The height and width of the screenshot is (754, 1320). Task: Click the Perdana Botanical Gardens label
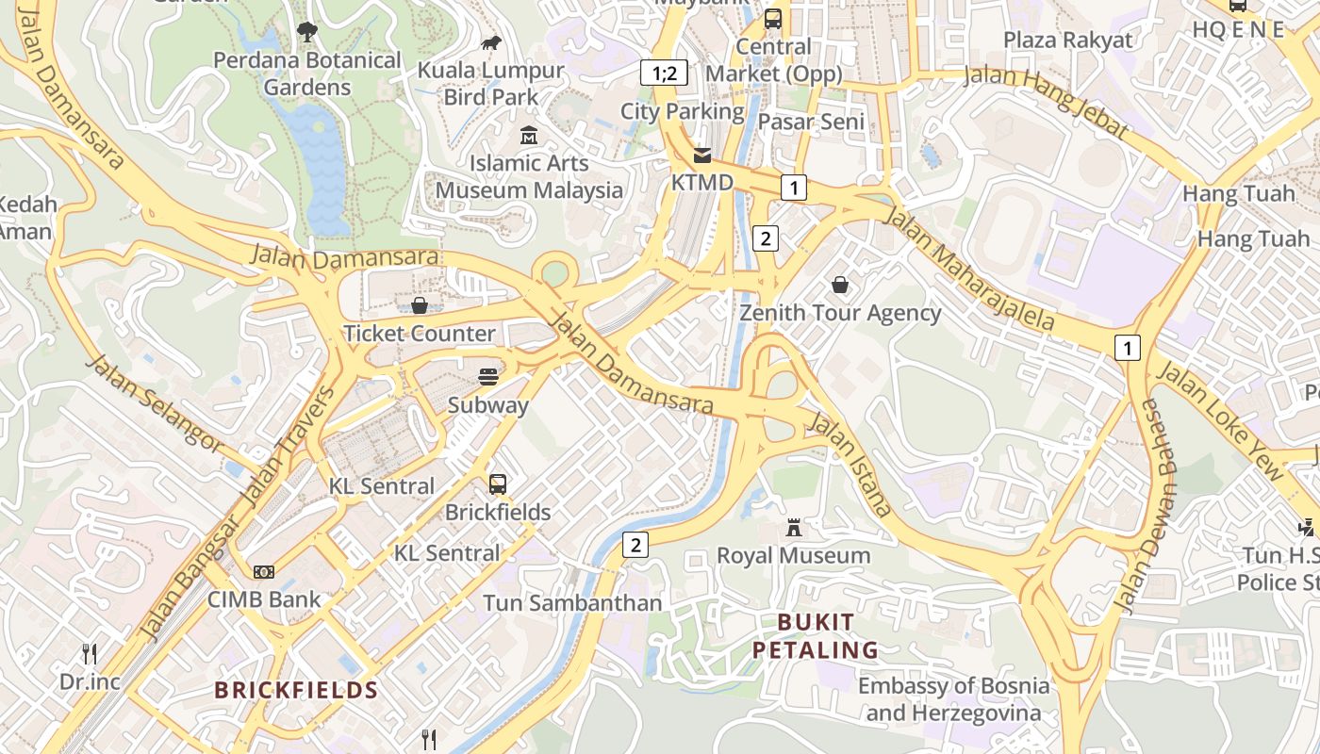pyautogui.click(x=306, y=74)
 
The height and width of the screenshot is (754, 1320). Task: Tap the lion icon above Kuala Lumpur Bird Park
pyautogui.click(x=490, y=42)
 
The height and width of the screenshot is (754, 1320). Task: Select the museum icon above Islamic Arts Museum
pyautogui.click(x=529, y=136)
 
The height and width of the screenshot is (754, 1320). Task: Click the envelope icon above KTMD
pyautogui.click(x=702, y=155)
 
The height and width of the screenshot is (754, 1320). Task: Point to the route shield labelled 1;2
pyautogui.click(x=665, y=73)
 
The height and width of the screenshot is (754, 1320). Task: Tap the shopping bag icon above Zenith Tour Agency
pyautogui.click(x=839, y=285)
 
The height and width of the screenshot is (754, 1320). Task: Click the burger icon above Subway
pyautogui.click(x=487, y=377)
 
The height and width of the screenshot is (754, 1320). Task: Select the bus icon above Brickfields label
pyautogui.click(x=498, y=484)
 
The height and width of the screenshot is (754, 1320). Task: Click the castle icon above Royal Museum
pyautogui.click(x=794, y=528)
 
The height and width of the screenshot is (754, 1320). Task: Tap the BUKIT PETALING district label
pyautogui.click(x=816, y=636)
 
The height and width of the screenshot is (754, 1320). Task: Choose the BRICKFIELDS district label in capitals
pyautogui.click(x=296, y=690)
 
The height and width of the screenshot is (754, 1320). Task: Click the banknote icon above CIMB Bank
pyautogui.click(x=264, y=571)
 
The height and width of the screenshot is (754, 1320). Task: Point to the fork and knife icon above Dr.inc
pyautogui.click(x=90, y=653)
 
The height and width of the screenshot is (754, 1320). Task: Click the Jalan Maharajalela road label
pyautogui.click(x=968, y=270)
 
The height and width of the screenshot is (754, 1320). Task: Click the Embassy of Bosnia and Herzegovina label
pyautogui.click(x=953, y=698)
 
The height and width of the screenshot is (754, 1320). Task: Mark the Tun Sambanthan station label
pyautogui.click(x=572, y=602)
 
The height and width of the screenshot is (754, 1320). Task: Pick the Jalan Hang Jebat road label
pyautogui.click(x=1045, y=103)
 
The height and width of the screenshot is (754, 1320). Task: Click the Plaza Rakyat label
pyautogui.click(x=1067, y=40)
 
